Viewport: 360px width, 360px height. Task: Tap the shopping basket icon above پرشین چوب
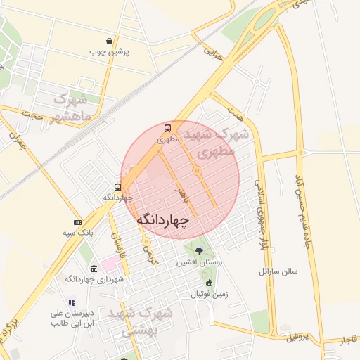click(108, 41)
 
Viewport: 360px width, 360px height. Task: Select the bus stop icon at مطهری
click(167, 129)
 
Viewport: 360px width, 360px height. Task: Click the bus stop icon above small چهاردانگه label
click(117, 187)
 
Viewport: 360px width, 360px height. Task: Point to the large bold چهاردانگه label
click(163, 221)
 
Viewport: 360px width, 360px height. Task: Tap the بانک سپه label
click(78, 232)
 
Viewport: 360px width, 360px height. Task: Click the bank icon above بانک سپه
click(77, 222)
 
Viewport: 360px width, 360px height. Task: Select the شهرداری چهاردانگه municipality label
click(95, 279)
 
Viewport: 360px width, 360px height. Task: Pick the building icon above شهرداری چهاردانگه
click(94, 269)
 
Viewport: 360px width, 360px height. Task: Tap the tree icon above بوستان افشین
click(200, 251)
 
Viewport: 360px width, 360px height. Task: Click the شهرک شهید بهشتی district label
click(137, 321)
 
